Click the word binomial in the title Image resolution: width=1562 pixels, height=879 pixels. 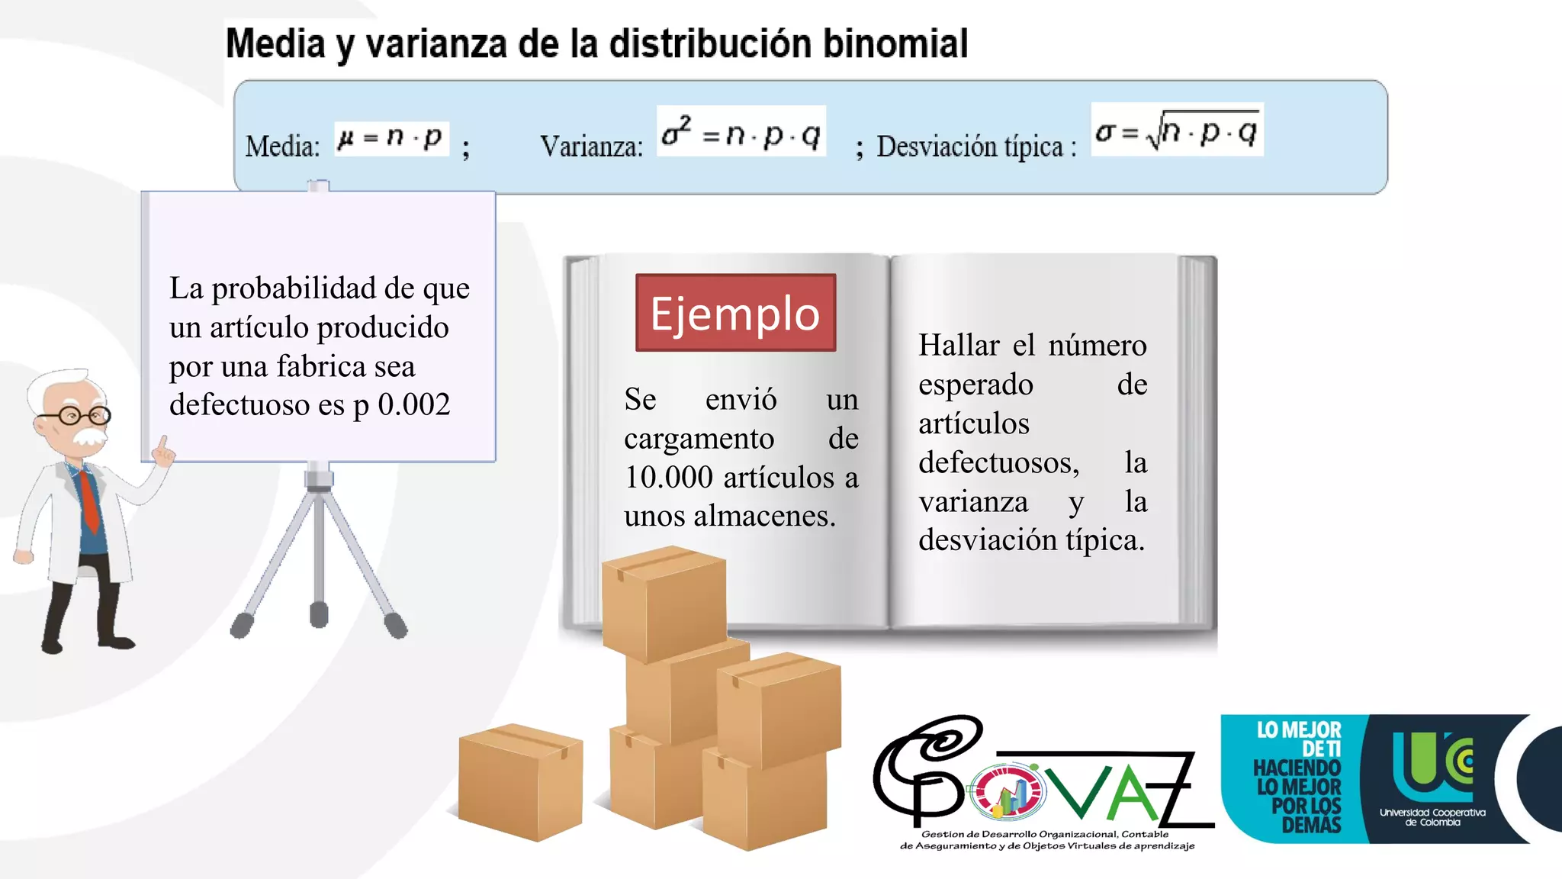click(895, 43)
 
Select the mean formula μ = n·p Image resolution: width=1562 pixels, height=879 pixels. click(390, 138)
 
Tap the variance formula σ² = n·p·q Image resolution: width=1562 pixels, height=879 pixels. click(741, 132)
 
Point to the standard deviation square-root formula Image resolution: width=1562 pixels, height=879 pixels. click(1177, 130)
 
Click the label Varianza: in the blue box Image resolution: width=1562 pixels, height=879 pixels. click(591, 146)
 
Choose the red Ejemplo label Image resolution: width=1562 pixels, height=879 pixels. click(735, 313)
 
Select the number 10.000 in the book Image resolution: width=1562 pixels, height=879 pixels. click(669, 478)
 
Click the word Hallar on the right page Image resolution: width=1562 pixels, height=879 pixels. click(959, 346)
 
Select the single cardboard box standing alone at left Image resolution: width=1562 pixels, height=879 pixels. click(520, 781)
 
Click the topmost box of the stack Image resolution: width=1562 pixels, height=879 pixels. click(664, 603)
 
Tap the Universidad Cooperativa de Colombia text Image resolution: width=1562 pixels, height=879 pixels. click(1432, 817)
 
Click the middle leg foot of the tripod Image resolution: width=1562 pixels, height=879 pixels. click(319, 614)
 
